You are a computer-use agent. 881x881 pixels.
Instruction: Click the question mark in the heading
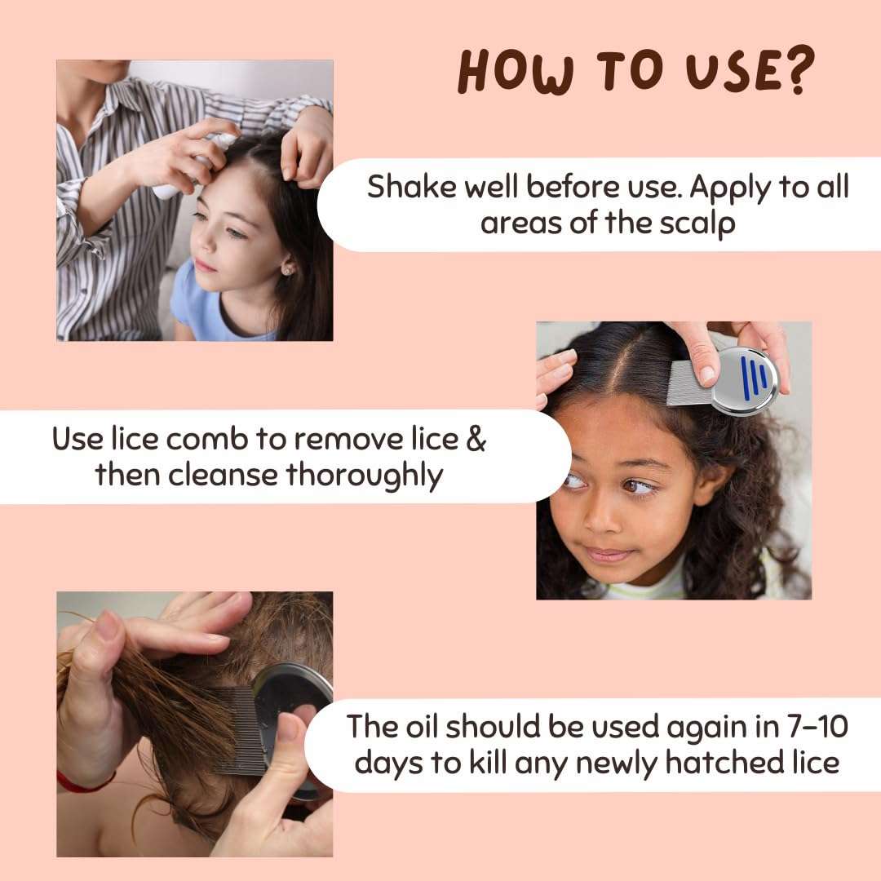[795, 72]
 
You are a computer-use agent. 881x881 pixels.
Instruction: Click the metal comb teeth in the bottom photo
[240, 731]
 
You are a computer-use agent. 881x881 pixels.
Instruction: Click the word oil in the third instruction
[423, 726]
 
